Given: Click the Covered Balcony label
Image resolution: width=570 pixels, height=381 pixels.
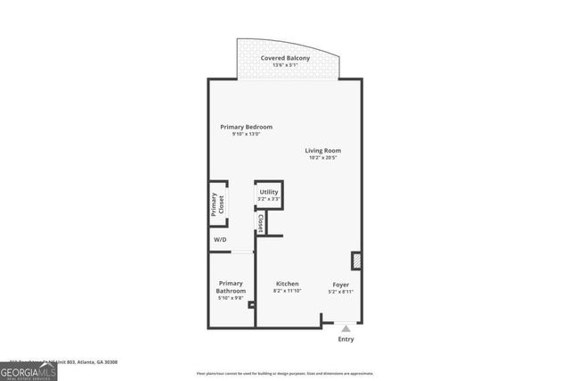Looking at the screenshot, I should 285,58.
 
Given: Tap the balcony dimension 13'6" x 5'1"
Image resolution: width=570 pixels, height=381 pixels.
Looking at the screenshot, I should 285,66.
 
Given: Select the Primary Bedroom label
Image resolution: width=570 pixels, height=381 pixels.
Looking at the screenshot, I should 246,127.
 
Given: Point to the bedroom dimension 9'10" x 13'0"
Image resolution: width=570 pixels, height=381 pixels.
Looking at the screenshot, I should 246,135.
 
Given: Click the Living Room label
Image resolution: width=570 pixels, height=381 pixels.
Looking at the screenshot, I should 323,150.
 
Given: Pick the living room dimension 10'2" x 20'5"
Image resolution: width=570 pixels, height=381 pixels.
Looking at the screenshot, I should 323,158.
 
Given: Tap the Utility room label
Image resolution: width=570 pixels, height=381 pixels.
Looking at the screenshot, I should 268,192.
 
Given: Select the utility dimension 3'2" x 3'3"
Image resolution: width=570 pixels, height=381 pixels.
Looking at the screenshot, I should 268,199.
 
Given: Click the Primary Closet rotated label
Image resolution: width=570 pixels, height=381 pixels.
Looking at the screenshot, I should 215,205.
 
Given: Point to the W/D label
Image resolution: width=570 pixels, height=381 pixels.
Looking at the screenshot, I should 220,238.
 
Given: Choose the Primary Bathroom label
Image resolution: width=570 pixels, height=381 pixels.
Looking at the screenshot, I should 230,287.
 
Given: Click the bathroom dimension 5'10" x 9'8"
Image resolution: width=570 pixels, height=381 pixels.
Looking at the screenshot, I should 230,298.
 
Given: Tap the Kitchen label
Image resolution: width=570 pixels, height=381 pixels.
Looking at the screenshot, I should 287,284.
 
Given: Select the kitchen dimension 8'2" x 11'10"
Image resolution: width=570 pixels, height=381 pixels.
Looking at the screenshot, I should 287,292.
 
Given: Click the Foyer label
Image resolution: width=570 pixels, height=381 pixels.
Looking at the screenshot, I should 341,284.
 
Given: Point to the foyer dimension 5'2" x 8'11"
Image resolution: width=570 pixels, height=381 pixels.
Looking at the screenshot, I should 341,292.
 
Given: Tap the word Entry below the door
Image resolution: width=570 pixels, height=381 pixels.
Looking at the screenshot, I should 346,339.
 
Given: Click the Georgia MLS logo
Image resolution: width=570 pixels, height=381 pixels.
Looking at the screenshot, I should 28,370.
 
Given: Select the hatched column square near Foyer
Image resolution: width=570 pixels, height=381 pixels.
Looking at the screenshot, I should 357,261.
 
